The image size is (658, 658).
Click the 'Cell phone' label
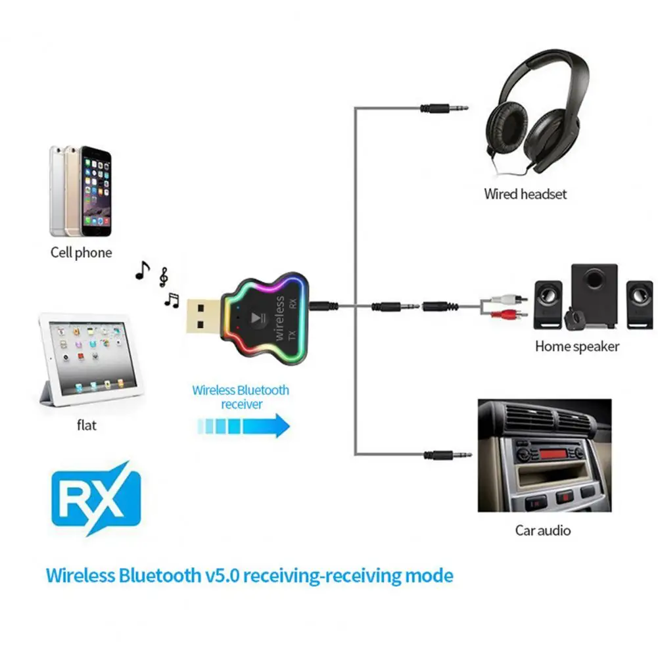(81, 253)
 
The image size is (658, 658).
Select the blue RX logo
(96, 499)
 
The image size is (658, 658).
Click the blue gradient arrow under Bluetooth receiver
(244, 426)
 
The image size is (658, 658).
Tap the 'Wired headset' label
(525, 194)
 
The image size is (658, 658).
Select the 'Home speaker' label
(576, 346)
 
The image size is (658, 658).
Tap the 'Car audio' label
(542, 530)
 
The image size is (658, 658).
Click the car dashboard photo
(544, 455)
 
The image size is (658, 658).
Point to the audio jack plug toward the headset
(446, 106)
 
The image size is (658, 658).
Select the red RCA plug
(513, 314)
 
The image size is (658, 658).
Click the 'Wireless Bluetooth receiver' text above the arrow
(241, 396)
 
